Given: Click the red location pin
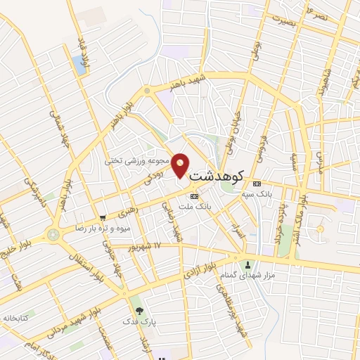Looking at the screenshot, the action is pyautogui.click(x=181, y=165).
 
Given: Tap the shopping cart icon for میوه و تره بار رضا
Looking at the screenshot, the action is pyautogui.click(x=103, y=218).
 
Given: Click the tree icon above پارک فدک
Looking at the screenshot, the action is pyautogui.click(x=139, y=310).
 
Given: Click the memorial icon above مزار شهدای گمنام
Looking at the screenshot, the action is pyautogui.click(x=247, y=264).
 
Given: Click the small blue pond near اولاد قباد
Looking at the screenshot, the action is pyautogui.click(x=79, y=65).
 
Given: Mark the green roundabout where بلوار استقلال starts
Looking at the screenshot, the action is pyautogui.click(x=52, y=233).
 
